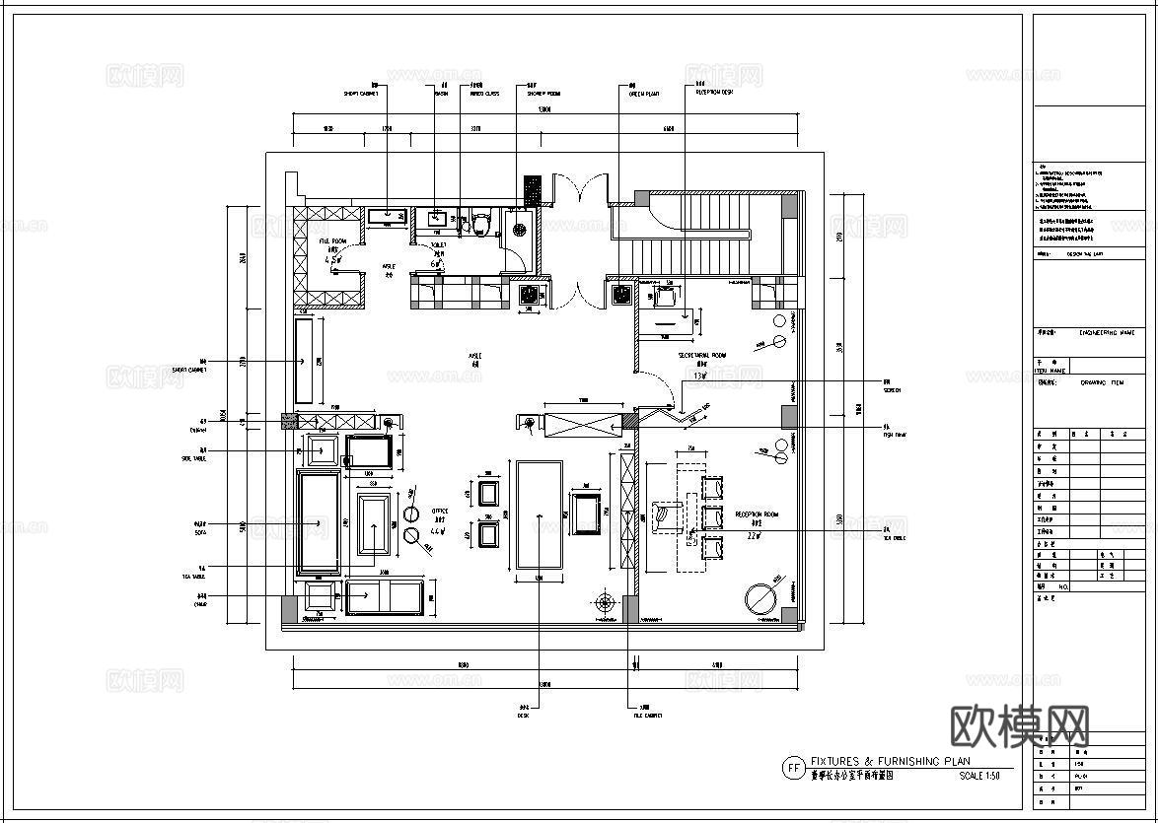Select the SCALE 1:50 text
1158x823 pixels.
point(978,777)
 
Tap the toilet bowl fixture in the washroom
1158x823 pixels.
point(480,224)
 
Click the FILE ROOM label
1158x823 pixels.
point(332,241)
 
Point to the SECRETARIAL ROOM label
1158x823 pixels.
point(701,356)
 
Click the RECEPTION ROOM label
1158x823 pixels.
point(757,514)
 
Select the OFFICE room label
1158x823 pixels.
point(440,512)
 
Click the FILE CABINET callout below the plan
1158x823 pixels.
point(647,716)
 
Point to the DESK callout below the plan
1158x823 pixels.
point(524,716)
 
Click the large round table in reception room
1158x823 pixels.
point(761,598)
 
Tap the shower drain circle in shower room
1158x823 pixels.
point(520,232)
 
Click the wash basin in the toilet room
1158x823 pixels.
point(436,217)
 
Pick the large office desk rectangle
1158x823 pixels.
point(538,514)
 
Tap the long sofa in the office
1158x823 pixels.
point(319,522)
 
